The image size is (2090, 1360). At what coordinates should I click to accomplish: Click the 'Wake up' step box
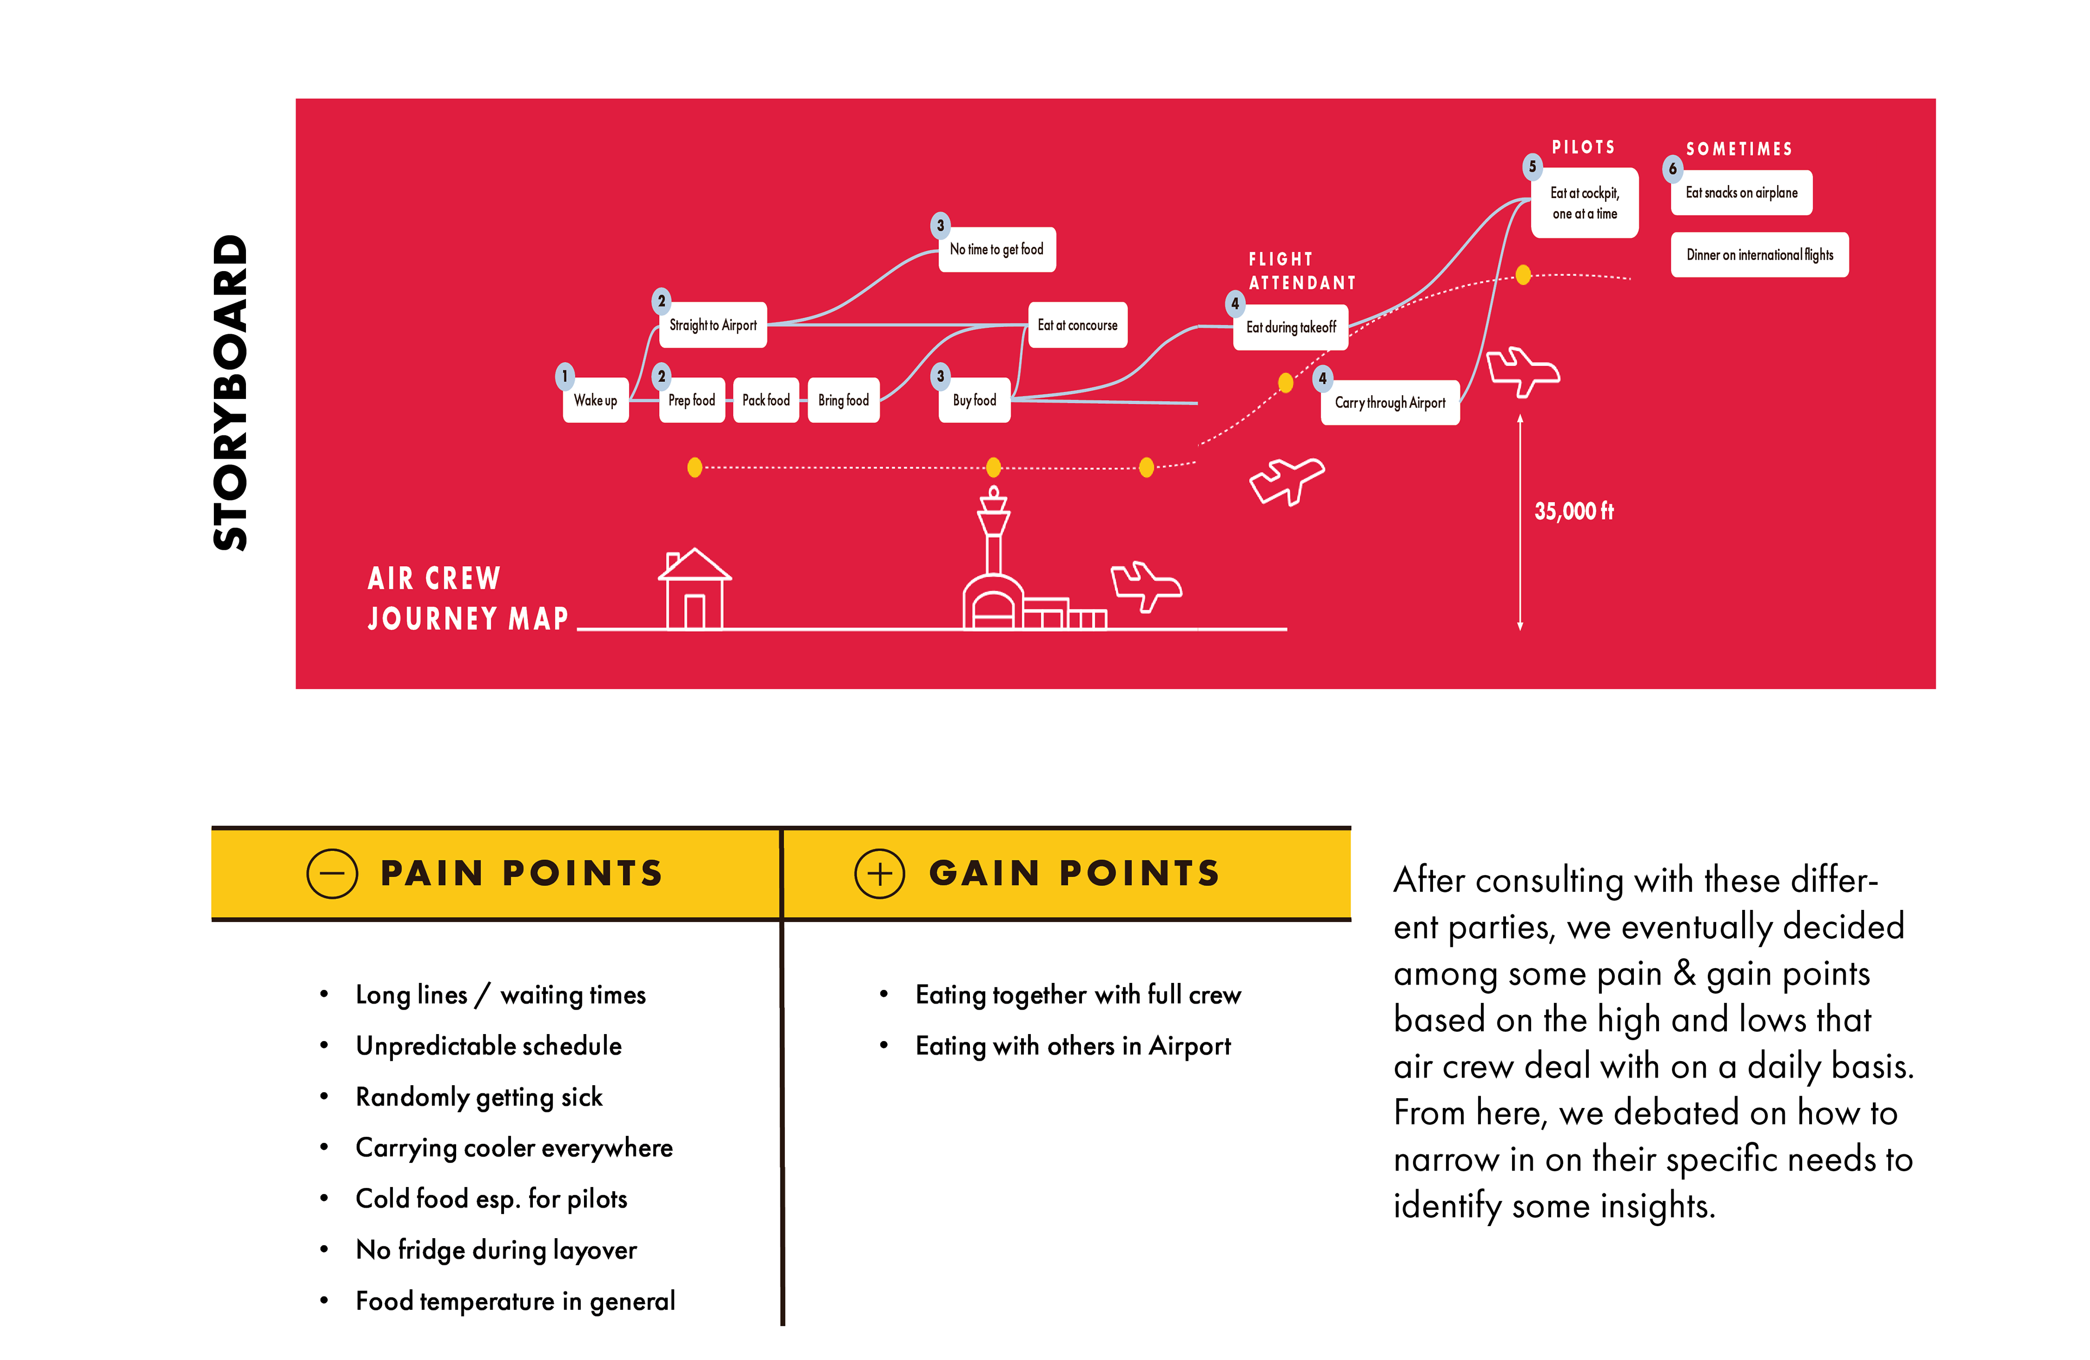pos(595,401)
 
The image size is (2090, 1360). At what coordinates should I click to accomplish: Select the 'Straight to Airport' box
pos(712,325)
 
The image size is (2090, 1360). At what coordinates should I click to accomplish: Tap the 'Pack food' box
pos(766,401)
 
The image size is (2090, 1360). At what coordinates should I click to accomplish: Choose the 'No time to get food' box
pos(997,249)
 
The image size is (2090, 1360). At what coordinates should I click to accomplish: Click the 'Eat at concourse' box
pos(1078,325)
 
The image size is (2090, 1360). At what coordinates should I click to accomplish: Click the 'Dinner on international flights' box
pos(1759,255)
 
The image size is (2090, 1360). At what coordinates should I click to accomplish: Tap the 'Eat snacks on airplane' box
pos(1741,192)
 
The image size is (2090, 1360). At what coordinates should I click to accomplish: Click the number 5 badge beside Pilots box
pos(1532,166)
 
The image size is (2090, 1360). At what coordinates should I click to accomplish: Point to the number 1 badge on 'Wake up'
pos(564,376)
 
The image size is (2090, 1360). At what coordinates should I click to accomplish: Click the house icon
pos(694,588)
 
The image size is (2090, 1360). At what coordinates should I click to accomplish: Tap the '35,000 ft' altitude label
pos(1573,511)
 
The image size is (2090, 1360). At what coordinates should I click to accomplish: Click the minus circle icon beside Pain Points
pos(332,873)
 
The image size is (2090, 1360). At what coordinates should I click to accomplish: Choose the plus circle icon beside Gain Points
pos(879,873)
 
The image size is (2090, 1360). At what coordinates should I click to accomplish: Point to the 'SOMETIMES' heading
pos(1739,149)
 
